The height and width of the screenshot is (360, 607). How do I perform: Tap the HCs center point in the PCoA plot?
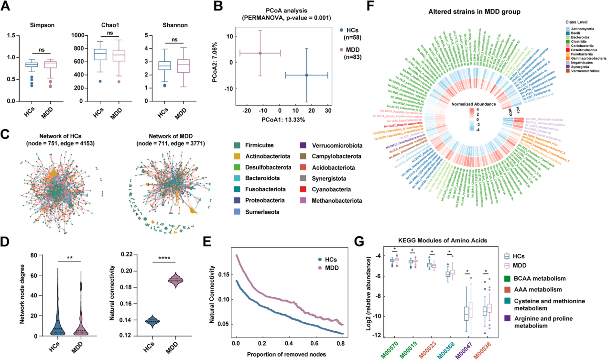tap(306, 75)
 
